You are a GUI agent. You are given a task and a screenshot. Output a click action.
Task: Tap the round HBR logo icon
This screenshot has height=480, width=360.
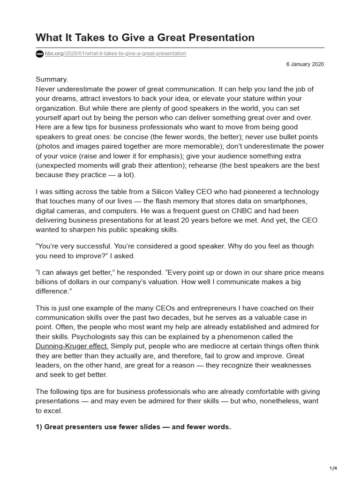coord(39,54)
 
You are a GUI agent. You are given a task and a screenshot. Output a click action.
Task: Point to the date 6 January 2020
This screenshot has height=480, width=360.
coord(305,64)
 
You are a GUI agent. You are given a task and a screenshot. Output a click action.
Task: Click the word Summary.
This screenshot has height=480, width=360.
coord(52,79)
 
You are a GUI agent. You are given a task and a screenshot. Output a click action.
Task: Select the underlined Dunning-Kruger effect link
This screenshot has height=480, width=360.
coord(72,346)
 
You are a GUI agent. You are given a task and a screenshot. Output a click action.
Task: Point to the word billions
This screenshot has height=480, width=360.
coord(50,282)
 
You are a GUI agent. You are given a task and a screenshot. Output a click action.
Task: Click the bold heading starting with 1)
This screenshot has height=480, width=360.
coord(134,427)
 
